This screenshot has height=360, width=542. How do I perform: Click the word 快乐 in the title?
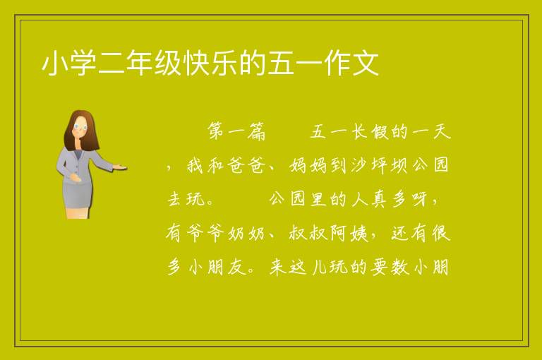[210, 64]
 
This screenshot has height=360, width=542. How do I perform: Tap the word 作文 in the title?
[351, 64]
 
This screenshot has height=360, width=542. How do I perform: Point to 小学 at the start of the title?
[69, 64]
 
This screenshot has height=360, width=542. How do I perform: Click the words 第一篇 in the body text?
[236, 131]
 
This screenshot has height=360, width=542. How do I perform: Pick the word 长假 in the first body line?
[371, 131]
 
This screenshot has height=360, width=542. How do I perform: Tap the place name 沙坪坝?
[380, 165]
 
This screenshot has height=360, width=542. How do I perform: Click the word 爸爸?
[246, 165]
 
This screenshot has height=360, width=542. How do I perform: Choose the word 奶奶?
[246, 234]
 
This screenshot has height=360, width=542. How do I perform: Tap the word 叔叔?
[308, 234]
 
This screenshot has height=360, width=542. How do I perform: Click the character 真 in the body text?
[380, 199]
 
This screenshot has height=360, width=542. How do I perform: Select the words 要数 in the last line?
[390, 268]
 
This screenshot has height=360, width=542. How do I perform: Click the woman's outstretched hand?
[120, 167]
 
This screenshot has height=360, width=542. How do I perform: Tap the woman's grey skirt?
[77, 195]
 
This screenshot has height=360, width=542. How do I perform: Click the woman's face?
[80, 127]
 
